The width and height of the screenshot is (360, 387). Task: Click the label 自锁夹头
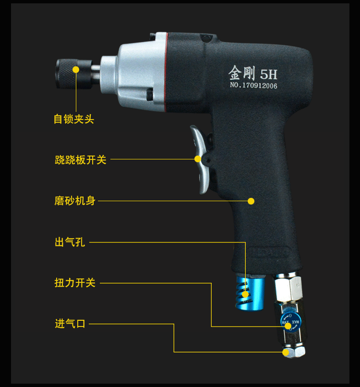click(x=73, y=119)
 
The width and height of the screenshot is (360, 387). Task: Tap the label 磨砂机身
click(x=75, y=201)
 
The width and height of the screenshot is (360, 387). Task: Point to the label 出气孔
click(x=70, y=242)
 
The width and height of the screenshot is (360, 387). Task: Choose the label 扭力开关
click(x=75, y=283)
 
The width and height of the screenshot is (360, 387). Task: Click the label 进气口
click(x=70, y=324)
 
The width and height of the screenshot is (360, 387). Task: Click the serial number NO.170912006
click(x=251, y=86)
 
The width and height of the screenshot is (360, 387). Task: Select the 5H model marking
click(x=268, y=74)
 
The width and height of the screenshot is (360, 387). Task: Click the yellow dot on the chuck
click(x=76, y=69)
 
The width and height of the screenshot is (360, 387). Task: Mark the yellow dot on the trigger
click(x=197, y=159)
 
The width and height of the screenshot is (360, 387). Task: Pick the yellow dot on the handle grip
click(x=251, y=201)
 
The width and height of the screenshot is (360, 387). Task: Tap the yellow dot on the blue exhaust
click(x=246, y=294)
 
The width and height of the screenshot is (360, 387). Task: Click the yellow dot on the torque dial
click(x=288, y=326)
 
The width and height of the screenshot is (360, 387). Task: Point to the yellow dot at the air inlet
click(x=286, y=352)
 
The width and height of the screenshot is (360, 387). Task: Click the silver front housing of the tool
click(x=139, y=72)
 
